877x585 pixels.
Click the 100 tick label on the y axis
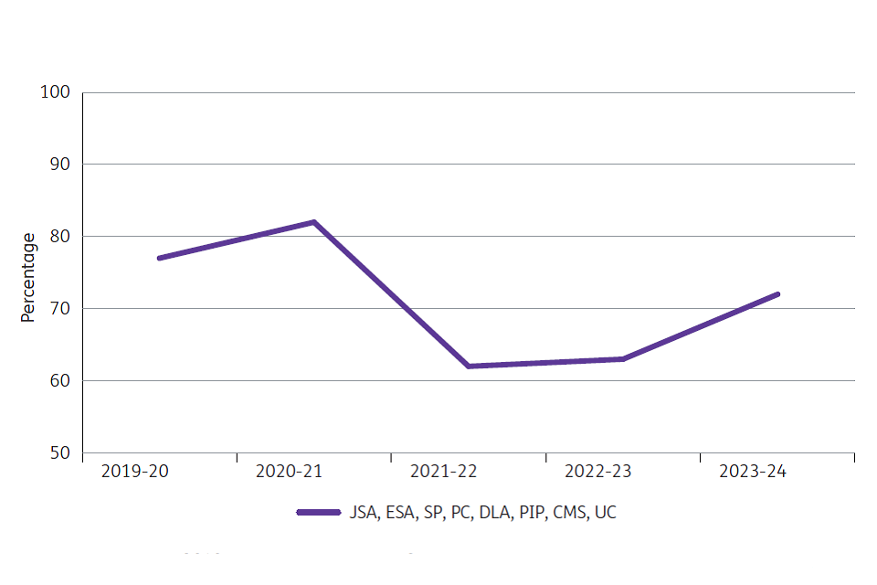click(56, 92)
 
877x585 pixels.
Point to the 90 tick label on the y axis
click(60, 165)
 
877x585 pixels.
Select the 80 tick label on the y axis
click(60, 237)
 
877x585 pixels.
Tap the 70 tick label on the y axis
click(60, 309)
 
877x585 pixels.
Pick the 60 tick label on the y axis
click(60, 380)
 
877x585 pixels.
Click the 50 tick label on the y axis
click(60, 452)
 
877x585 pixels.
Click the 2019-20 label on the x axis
click(135, 472)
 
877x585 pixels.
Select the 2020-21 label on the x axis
click(290, 472)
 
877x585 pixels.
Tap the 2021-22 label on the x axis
click(444, 472)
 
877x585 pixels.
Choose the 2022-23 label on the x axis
click(598, 472)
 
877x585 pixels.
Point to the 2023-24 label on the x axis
click(753, 472)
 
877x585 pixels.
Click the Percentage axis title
click(28, 277)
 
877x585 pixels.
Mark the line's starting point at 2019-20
click(159, 258)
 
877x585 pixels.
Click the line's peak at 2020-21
click(313, 222)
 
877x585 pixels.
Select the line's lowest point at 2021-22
click(468, 366)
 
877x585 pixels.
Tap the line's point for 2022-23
click(623, 358)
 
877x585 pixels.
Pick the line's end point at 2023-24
click(777, 294)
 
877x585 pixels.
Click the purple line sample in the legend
click(319, 513)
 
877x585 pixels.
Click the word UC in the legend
click(606, 513)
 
